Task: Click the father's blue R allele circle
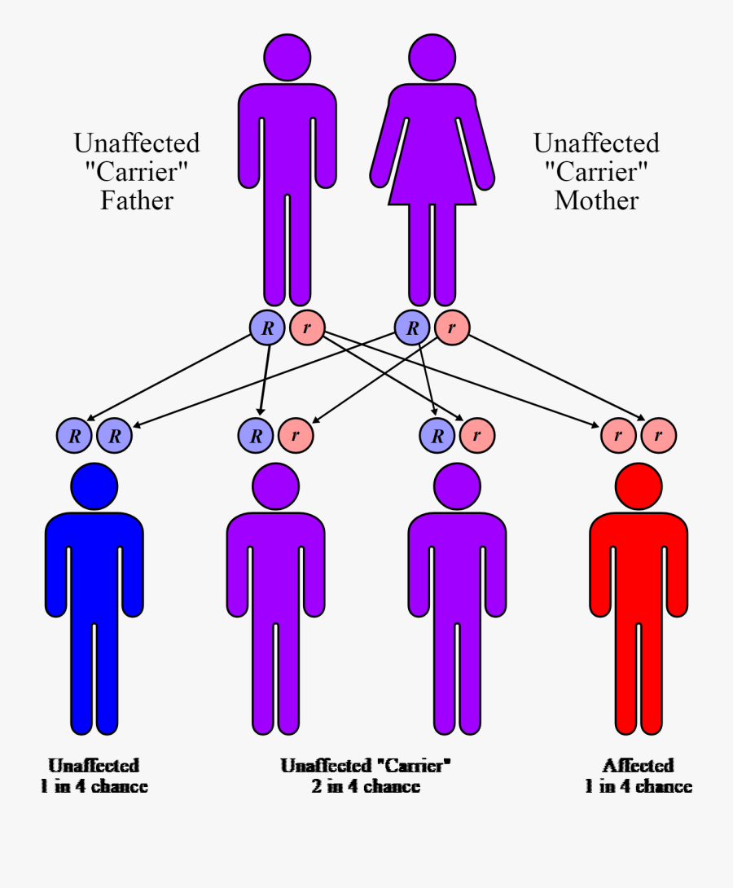click(267, 328)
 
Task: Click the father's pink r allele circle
click(307, 328)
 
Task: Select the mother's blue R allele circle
click(412, 328)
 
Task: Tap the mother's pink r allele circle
click(452, 328)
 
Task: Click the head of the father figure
click(287, 57)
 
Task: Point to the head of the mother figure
click(432, 57)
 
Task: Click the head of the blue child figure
click(94, 486)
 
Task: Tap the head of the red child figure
click(639, 486)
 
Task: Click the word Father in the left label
click(137, 200)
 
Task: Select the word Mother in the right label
click(596, 200)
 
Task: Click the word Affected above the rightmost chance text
click(639, 766)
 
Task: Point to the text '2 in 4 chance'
click(366, 786)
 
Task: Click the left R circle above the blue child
click(75, 436)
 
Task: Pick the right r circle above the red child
click(659, 436)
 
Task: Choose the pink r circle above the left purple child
click(296, 436)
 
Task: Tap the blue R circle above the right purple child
click(437, 436)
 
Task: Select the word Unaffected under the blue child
click(94, 766)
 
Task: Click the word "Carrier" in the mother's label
click(596, 172)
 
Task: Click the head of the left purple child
click(275, 486)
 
